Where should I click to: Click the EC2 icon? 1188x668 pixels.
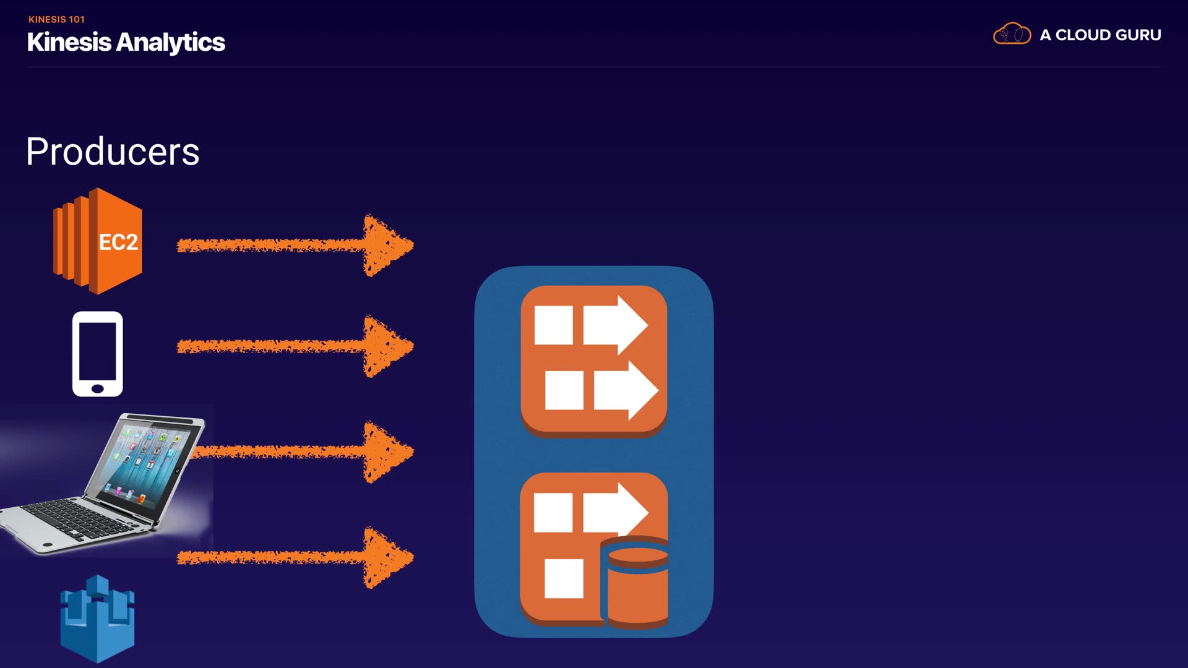(98, 241)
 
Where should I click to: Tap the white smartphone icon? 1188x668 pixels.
(98, 354)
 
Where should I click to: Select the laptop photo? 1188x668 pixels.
(105, 482)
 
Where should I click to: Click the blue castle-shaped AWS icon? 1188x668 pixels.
(97, 619)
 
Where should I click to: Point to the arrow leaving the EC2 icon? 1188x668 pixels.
(295, 246)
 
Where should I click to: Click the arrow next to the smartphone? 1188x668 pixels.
(295, 346)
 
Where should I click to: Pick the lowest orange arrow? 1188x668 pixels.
(295, 558)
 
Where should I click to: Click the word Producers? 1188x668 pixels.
(113, 152)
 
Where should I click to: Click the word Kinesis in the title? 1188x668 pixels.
(69, 42)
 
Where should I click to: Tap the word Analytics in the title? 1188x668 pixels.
(170, 42)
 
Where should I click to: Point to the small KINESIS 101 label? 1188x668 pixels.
(56, 19)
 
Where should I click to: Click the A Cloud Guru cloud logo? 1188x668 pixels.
(1012, 34)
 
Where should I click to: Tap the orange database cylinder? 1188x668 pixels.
(637, 584)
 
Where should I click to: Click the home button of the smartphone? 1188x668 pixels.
(97, 388)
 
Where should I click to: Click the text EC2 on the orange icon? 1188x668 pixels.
(118, 242)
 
